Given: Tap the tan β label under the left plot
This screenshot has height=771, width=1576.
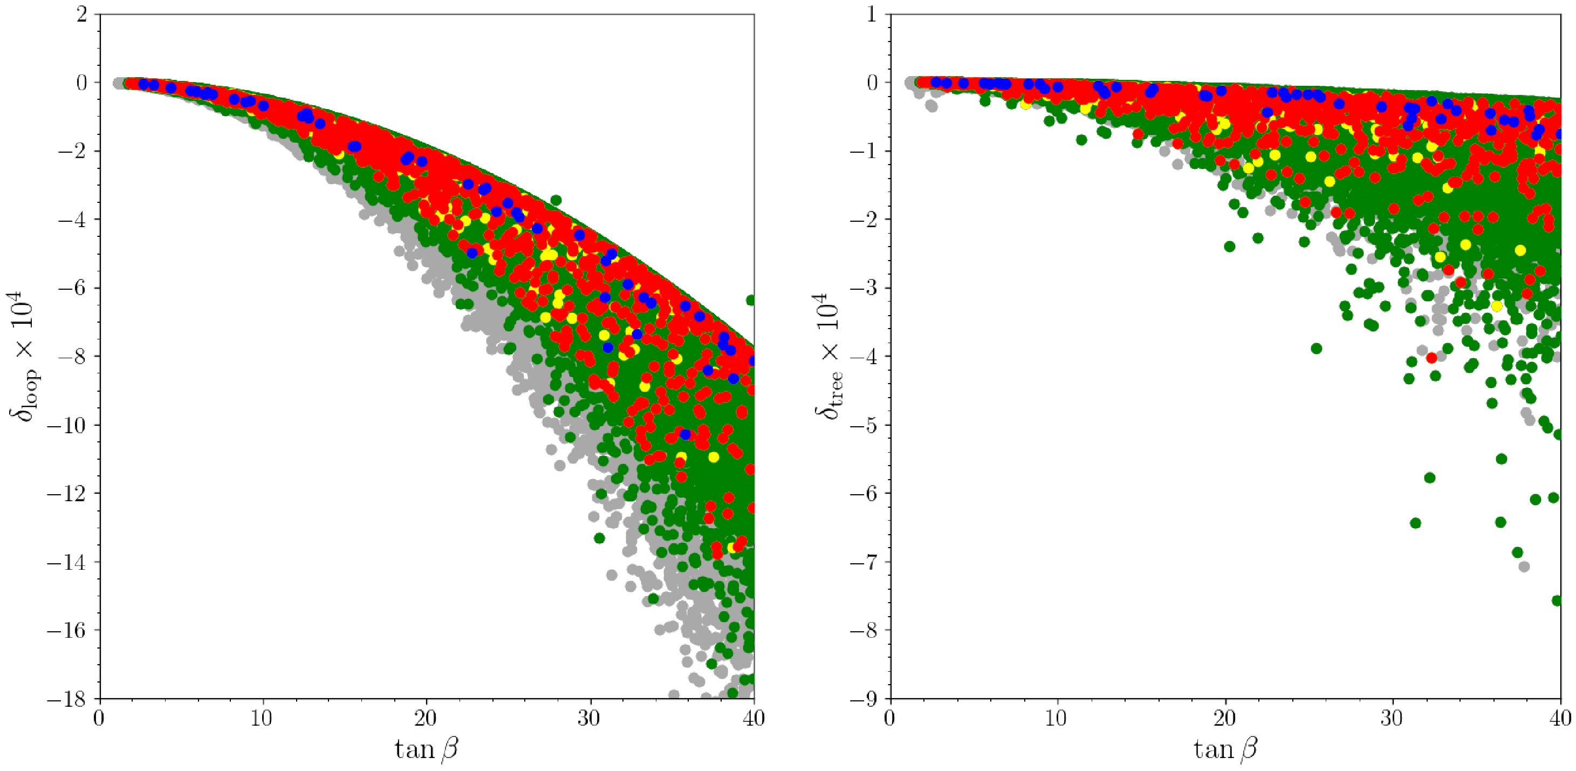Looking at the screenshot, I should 427,748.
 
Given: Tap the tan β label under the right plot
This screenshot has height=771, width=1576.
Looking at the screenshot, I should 1225,748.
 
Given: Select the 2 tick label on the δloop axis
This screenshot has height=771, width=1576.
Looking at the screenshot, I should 81,14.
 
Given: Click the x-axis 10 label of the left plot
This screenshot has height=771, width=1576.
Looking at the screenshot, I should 263,718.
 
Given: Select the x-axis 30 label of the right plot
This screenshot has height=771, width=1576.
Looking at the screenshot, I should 1393,718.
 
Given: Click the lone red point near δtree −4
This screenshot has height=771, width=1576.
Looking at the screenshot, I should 1431,358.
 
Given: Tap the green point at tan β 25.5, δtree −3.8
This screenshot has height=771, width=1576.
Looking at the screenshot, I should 1317,348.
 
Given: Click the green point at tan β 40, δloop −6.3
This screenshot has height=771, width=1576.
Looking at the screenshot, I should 751,300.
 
